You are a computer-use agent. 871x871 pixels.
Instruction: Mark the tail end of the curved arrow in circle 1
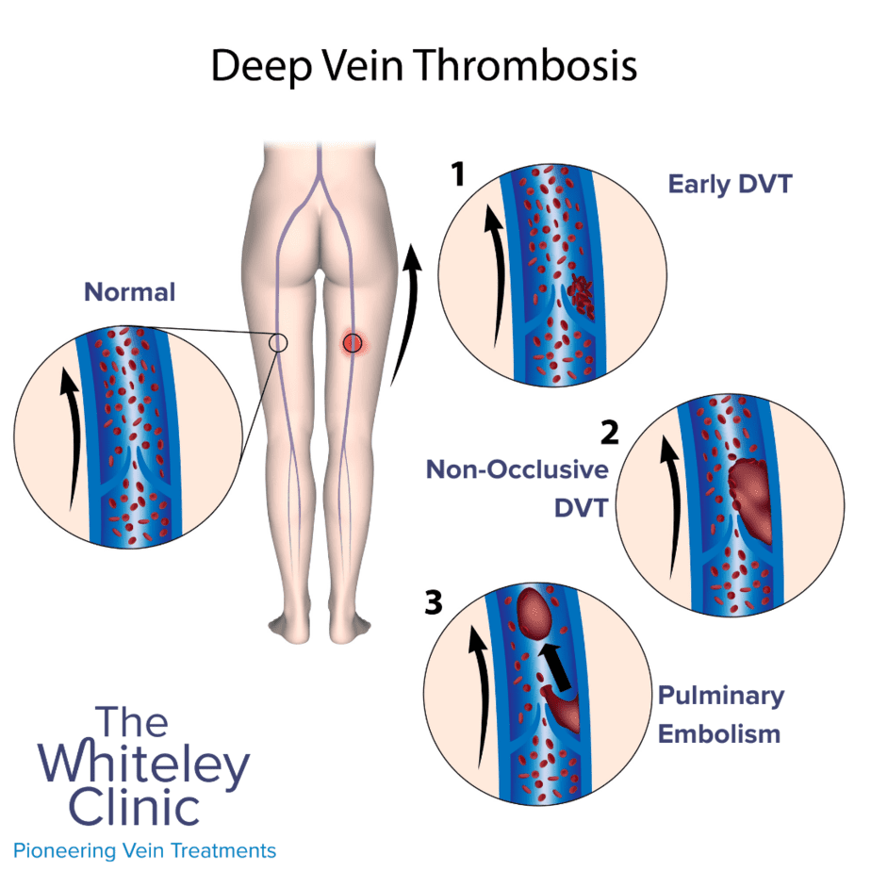pos(495,347)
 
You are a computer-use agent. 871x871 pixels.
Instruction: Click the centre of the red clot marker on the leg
pos(353,343)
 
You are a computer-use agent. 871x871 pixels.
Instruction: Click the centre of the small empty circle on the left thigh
pos(278,343)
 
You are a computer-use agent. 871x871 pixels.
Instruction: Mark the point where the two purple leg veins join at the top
pos(320,176)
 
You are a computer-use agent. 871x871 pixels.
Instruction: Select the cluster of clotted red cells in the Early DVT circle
pos(580,295)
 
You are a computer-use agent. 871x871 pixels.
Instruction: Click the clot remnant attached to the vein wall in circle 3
pos(562,709)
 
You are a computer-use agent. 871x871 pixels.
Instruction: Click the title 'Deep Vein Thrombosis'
pos(424,66)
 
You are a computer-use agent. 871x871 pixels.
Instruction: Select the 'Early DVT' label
pos(730,185)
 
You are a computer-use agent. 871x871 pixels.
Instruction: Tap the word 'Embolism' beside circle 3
pos(719,734)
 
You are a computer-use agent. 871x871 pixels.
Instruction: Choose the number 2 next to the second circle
pos(609,432)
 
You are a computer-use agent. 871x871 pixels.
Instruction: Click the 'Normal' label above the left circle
pos(129,291)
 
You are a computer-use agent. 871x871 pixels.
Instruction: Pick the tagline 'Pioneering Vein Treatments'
pos(144,850)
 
